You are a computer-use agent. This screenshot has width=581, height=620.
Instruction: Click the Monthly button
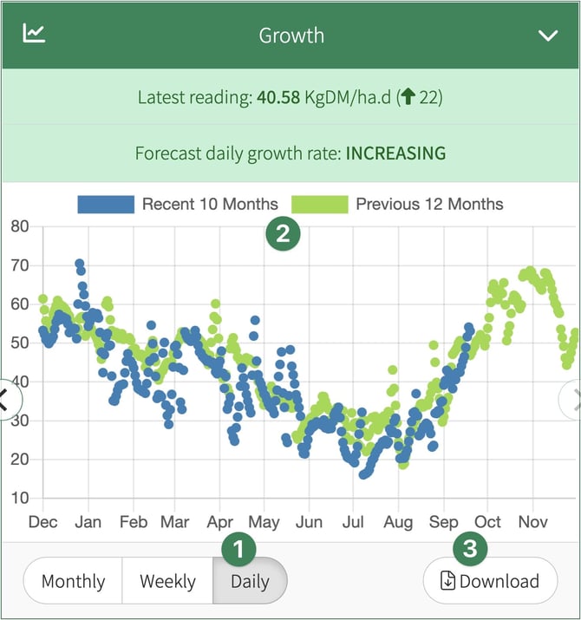(73, 581)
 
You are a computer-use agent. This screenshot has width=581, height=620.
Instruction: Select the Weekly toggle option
(167, 581)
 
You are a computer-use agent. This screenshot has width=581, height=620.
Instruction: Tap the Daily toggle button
(250, 581)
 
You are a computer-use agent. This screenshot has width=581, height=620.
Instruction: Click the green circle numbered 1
(238, 547)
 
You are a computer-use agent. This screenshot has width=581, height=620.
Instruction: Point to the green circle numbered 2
(283, 232)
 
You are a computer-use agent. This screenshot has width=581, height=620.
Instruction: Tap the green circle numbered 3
(470, 548)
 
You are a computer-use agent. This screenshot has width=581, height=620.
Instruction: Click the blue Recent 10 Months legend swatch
(106, 205)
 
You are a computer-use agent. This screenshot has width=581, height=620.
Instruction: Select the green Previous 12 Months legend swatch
(319, 205)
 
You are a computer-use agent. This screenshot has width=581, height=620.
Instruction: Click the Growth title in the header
(291, 36)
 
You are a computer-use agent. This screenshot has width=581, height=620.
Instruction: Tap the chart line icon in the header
(34, 34)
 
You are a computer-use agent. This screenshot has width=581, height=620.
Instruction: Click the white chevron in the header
(548, 36)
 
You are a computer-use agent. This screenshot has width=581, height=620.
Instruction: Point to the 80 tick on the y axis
(20, 227)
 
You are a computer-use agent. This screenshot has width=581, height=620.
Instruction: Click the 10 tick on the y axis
(20, 499)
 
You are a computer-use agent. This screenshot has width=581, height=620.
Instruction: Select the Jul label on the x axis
(353, 522)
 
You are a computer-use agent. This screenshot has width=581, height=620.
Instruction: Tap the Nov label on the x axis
(533, 522)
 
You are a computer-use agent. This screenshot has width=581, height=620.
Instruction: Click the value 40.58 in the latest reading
(277, 97)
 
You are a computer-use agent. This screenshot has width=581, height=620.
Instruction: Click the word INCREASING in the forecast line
(395, 153)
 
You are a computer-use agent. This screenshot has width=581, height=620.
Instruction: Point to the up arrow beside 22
(409, 97)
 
